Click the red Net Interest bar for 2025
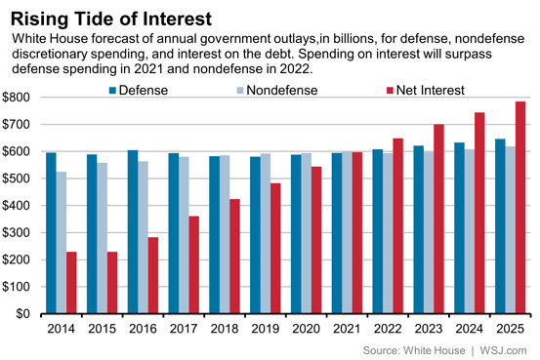click(x=520, y=207)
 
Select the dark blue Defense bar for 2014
click(x=52, y=233)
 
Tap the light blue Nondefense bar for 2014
click(x=62, y=242)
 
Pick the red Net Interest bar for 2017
click(x=194, y=264)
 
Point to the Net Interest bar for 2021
click(x=357, y=232)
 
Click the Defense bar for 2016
click(x=133, y=231)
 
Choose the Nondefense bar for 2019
click(x=266, y=233)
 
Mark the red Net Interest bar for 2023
click(x=438, y=219)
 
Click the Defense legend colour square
click(x=112, y=91)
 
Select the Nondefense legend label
click(x=282, y=91)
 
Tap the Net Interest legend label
click(x=430, y=91)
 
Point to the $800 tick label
click(x=16, y=98)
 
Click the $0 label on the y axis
click(x=22, y=313)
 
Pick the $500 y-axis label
click(x=16, y=179)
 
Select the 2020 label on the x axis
click(x=307, y=329)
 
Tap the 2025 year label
click(x=510, y=329)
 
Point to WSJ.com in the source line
click(x=503, y=350)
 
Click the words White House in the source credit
click(x=435, y=350)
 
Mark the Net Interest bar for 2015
click(x=112, y=283)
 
